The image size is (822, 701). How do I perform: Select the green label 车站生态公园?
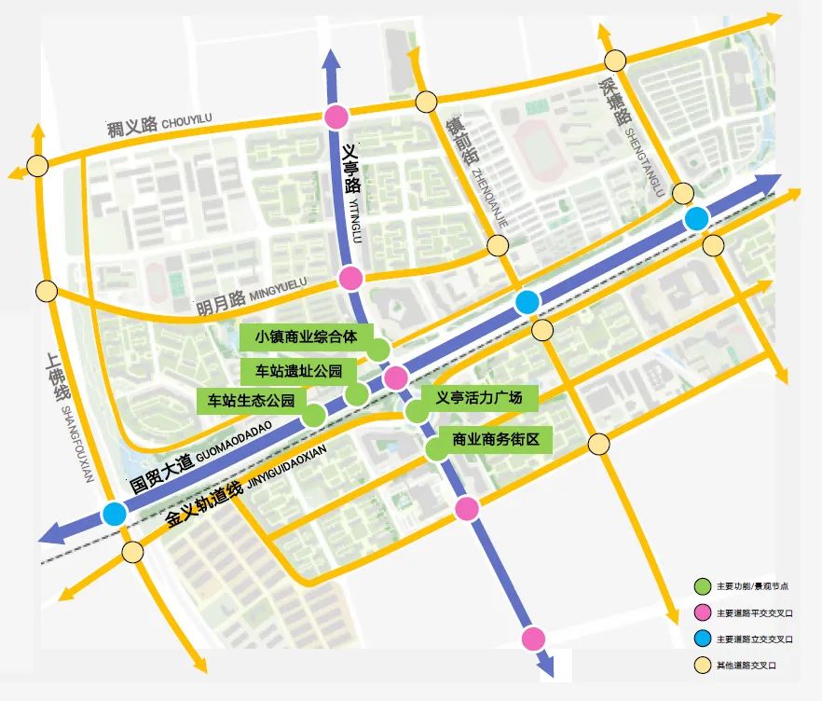click(x=251, y=402)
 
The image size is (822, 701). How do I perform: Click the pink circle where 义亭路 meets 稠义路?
click(x=336, y=117)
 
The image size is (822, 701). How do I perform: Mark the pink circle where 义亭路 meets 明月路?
click(x=350, y=278)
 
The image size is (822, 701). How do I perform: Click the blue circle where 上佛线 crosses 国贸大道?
click(x=116, y=513)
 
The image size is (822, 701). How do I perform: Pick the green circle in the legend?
click(x=701, y=586)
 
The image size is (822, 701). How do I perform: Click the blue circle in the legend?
click(x=701, y=639)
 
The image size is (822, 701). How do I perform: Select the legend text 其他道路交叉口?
click(x=747, y=665)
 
